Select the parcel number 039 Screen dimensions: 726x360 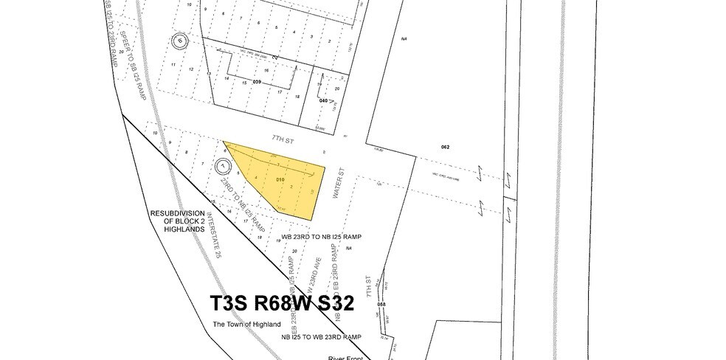tap(257, 81)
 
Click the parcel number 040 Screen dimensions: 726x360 tap(323, 100)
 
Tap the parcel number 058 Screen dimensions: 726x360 tap(381, 304)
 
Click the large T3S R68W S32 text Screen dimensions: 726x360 tap(283, 304)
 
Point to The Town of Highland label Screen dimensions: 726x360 tap(246, 325)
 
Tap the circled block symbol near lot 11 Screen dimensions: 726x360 tap(177, 42)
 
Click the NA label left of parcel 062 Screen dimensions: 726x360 tap(404, 38)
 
